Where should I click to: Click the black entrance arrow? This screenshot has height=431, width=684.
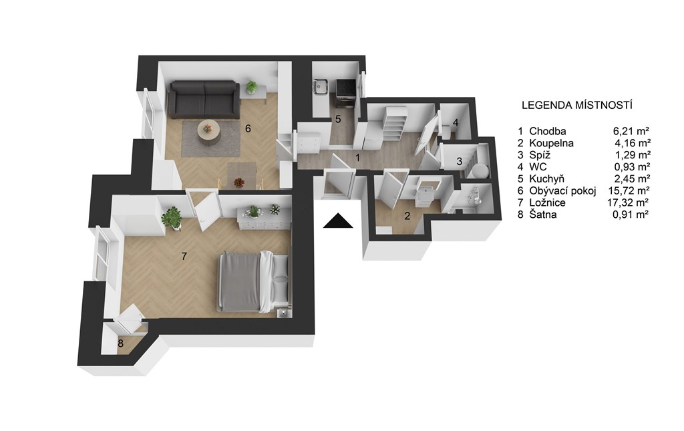tap(338, 221)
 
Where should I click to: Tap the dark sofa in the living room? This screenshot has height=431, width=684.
tap(204, 100)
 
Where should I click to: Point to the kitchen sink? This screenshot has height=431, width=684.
tap(321, 86)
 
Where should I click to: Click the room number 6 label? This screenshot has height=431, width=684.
tap(248, 129)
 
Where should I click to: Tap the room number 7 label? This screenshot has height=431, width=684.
tap(184, 256)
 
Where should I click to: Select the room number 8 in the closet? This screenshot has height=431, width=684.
tap(120, 343)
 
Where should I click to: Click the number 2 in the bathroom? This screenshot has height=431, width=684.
tap(407, 216)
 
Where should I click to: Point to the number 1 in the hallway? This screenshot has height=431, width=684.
tap(358, 158)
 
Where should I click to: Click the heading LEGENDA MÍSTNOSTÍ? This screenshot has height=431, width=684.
tap(577, 105)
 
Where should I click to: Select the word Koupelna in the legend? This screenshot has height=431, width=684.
tap(551, 143)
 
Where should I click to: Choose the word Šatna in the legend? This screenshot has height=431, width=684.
tap(542, 214)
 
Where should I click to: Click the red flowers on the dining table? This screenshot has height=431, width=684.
tap(239, 182)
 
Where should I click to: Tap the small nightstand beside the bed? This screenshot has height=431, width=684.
tap(283, 313)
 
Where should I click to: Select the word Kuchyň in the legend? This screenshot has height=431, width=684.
tap(546, 179)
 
